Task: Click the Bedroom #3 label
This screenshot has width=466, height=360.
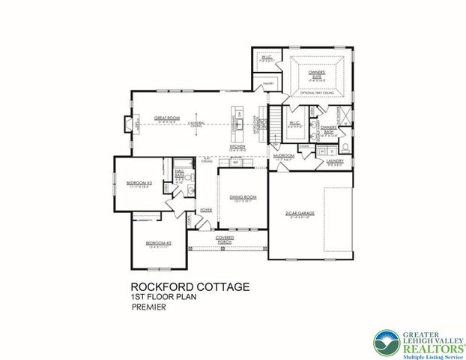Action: pyautogui.click(x=140, y=183)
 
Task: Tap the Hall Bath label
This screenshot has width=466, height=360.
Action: pyautogui.click(x=180, y=174)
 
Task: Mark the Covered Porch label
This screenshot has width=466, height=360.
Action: pyautogui.click(x=225, y=239)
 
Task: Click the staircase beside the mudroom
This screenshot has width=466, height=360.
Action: pyautogui.click(x=276, y=118)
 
